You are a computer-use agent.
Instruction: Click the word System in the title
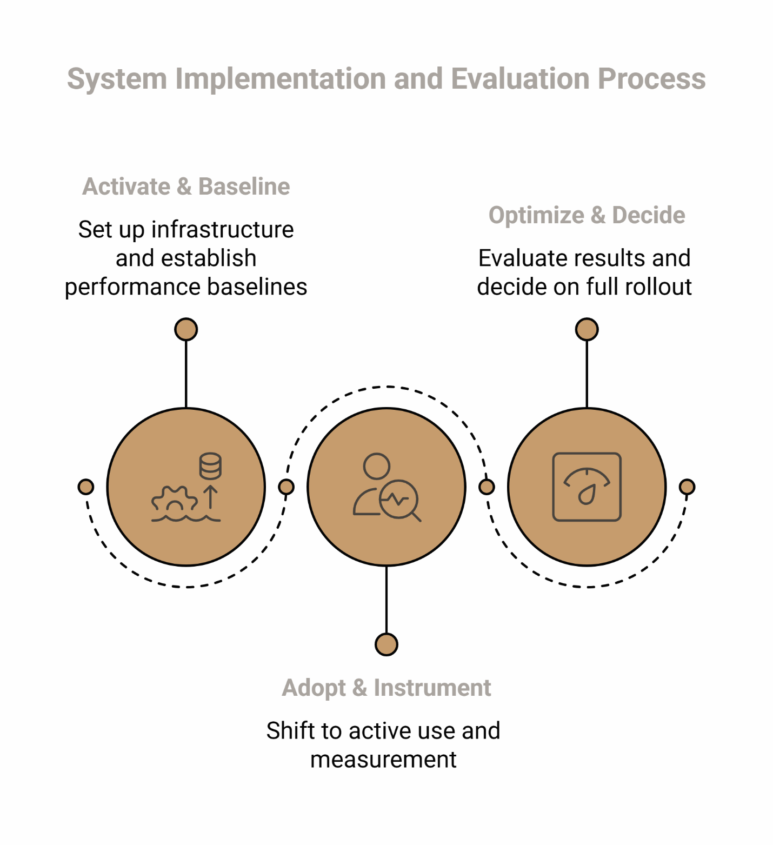click(117, 79)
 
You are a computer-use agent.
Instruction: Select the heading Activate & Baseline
click(186, 187)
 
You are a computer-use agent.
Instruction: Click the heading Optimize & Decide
click(587, 215)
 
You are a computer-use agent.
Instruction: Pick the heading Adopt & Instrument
click(387, 688)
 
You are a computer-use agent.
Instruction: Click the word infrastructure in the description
click(222, 230)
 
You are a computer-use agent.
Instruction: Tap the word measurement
click(383, 760)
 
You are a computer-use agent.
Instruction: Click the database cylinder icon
click(210, 466)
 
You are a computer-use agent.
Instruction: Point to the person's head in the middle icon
click(376, 466)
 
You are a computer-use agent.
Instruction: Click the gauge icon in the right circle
click(587, 487)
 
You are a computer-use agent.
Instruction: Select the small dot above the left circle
click(186, 329)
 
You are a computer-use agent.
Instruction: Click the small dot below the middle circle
click(387, 644)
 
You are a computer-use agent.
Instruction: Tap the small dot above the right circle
click(587, 329)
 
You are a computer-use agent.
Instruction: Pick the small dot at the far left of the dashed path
click(86, 487)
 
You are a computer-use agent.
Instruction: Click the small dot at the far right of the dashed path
click(687, 487)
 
